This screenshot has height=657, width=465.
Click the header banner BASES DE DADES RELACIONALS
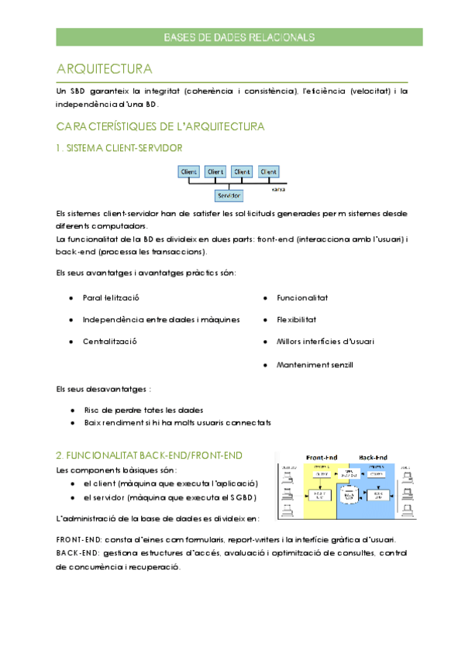point(239,37)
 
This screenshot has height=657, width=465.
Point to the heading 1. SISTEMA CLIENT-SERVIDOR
point(119,147)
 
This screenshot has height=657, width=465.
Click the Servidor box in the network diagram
point(229,195)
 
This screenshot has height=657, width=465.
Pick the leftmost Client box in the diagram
point(188,171)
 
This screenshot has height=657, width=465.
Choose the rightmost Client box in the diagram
point(268,171)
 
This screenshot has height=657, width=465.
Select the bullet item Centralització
point(109,342)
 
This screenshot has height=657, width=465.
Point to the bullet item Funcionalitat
point(302,298)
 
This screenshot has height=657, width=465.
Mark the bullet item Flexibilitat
point(296,319)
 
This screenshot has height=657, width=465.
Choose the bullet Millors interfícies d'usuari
point(325,342)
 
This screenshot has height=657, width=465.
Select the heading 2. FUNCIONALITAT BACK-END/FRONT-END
point(150,455)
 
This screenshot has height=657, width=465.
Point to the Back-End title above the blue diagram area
point(374,457)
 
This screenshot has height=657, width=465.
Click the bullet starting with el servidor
point(170,497)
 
